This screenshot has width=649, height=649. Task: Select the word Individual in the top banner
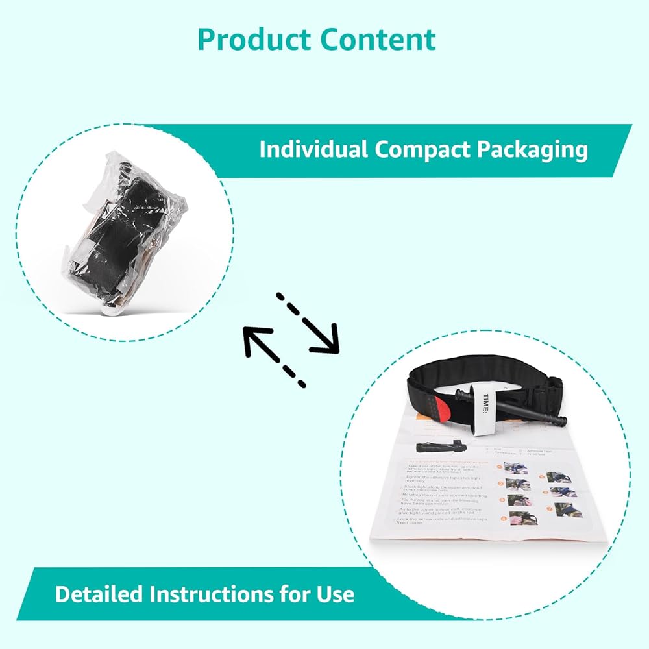coord(313,149)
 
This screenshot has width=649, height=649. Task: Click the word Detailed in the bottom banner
coord(99,594)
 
